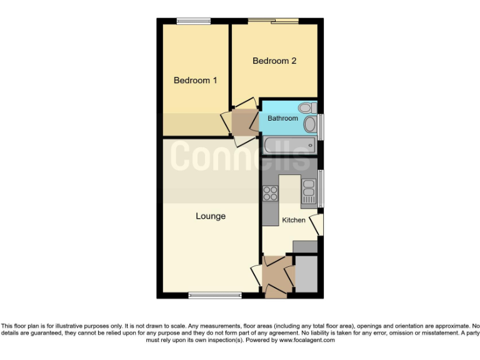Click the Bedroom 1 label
tap(195, 81)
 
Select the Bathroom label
tap(282, 119)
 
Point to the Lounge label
tap(211, 217)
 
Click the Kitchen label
tap(294, 221)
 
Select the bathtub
tap(288, 146)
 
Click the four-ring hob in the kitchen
tap(270, 194)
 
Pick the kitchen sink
tap(309, 190)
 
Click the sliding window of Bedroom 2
tap(273, 21)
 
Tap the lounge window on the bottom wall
tap(214, 295)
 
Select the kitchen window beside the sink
tap(321, 187)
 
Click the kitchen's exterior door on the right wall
tap(319, 225)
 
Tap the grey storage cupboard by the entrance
tap(306, 273)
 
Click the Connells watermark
tap(241, 156)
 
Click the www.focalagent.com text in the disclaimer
tap(307, 341)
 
